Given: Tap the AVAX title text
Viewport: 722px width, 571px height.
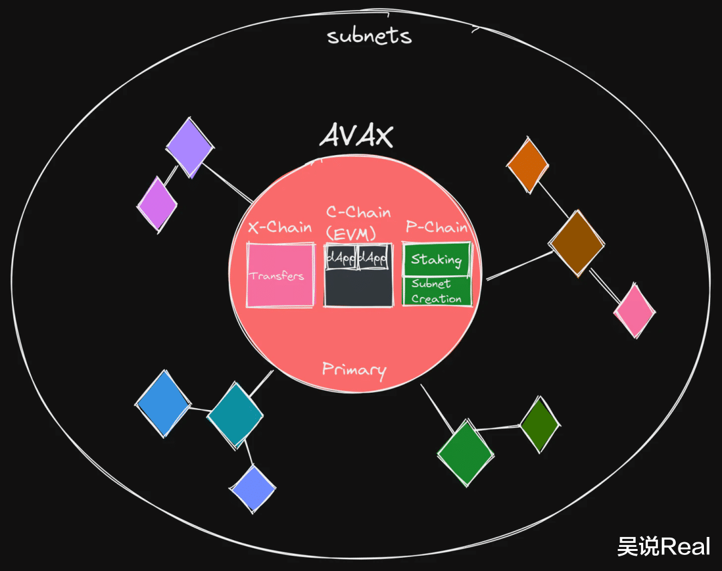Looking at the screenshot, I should [356, 136].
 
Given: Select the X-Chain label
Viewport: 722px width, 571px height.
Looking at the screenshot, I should [279, 227].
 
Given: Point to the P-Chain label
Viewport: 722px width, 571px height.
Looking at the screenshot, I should [437, 227].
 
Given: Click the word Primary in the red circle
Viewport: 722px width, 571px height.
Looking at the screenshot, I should [354, 369].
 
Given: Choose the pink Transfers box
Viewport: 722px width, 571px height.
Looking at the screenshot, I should [280, 275].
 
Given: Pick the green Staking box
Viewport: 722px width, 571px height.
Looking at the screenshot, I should [437, 259].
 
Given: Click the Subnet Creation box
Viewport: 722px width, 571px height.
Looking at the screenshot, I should [437, 292].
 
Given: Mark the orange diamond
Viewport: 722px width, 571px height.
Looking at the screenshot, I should [527, 165].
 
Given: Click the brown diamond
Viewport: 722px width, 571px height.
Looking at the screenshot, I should [577, 243].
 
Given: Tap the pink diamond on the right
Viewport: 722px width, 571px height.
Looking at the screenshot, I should [634, 311].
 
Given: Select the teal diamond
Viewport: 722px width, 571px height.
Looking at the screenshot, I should [235, 414].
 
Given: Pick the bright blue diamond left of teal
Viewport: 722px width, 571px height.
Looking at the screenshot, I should [163, 404].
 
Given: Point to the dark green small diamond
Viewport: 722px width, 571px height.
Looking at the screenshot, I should [539, 425].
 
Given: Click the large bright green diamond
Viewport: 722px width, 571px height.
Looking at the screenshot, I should [466, 452].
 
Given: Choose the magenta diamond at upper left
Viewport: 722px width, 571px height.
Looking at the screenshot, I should [158, 204].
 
